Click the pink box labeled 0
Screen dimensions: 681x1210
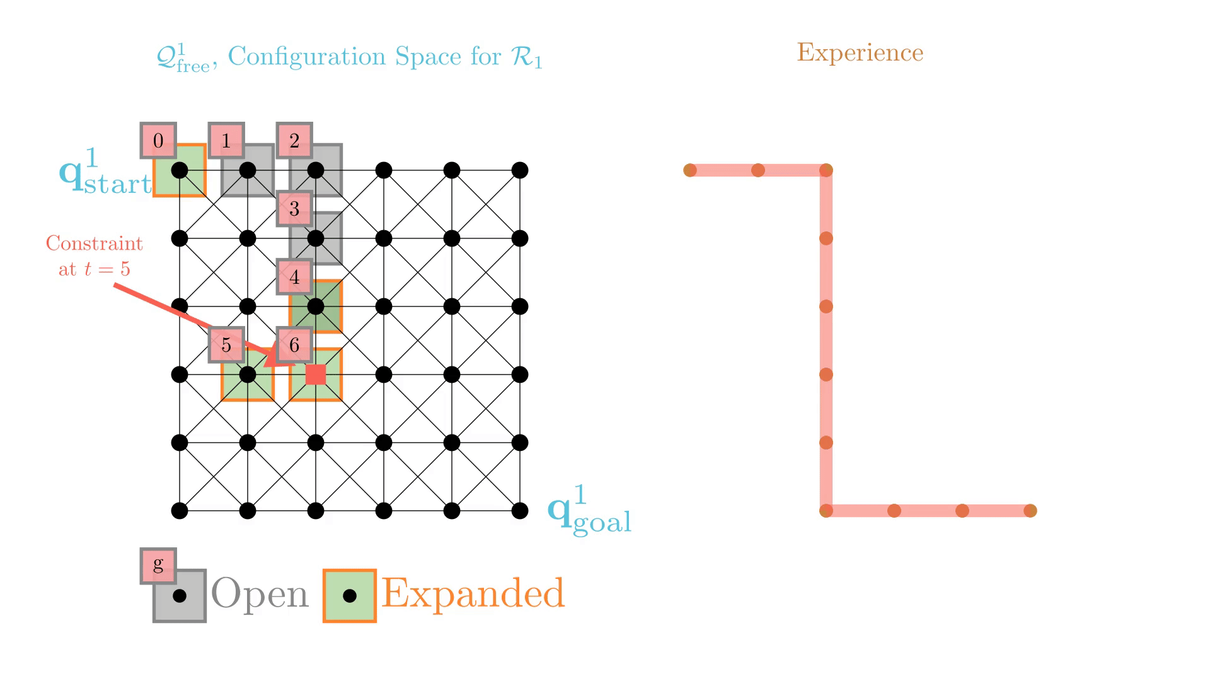pyautogui.click(x=158, y=140)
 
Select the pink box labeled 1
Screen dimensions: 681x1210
pyautogui.click(x=226, y=140)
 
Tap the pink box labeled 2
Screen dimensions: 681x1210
pyautogui.click(x=294, y=140)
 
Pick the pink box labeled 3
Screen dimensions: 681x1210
pyautogui.click(x=294, y=208)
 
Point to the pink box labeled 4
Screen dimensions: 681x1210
pyautogui.click(x=294, y=276)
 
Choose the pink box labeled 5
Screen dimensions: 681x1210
pyautogui.click(x=226, y=345)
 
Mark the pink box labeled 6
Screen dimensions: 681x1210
pyautogui.click(x=294, y=345)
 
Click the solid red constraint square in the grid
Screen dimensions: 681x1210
pyautogui.click(x=316, y=375)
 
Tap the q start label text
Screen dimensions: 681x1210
pyautogui.click(x=106, y=173)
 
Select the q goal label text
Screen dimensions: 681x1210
pyautogui.click(x=589, y=512)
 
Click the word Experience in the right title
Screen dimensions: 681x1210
pyautogui.click(x=860, y=52)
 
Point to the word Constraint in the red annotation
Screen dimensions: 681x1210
pyautogui.click(x=95, y=243)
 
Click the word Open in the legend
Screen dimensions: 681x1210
pyautogui.click(x=260, y=593)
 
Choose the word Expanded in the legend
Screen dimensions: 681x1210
pyautogui.click(x=473, y=593)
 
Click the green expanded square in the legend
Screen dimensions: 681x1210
pyautogui.click(x=350, y=596)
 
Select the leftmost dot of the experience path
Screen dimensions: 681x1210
pyautogui.click(x=690, y=170)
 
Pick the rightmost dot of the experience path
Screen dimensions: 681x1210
pyautogui.click(x=1030, y=511)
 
